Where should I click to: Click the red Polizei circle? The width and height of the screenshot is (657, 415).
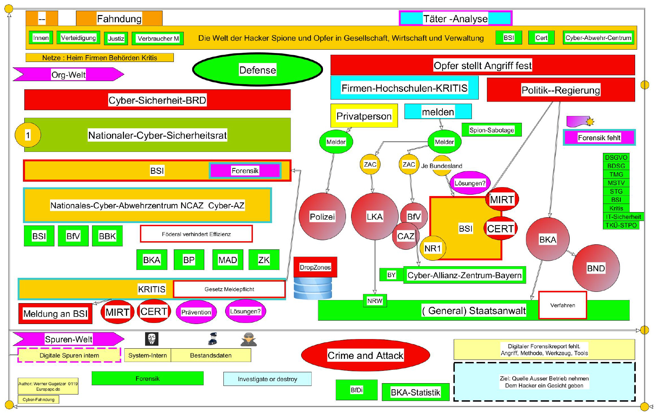[322, 216]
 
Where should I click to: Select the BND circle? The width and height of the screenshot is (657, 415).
[596, 268]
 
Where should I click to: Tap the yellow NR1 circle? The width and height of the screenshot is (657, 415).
[433, 248]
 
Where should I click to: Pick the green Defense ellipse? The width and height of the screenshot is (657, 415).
[257, 70]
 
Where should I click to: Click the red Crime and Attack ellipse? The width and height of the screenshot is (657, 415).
[365, 355]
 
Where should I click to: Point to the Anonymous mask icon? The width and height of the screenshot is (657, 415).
[152, 339]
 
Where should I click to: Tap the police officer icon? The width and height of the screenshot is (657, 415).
[213, 339]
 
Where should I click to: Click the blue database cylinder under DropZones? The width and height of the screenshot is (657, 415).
[313, 288]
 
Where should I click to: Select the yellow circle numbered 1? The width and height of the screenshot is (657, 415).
[28, 135]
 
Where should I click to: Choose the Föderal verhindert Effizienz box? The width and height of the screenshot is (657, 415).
[196, 234]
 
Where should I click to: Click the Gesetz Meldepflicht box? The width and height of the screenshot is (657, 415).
[229, 289]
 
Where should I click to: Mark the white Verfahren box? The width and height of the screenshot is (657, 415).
[563, 305]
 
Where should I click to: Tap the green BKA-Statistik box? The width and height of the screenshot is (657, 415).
[415, 392]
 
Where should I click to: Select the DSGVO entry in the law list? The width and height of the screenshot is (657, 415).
[616, 157]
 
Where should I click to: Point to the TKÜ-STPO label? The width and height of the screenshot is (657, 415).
[621, 225]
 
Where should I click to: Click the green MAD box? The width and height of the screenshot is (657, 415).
[228, 260]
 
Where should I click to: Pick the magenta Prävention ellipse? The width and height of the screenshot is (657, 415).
[196, 312]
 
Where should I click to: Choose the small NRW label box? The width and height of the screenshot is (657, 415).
[375, 301]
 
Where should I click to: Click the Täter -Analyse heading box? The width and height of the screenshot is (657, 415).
[455, 18]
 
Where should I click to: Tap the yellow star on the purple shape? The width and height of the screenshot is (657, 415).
[590, 121]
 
